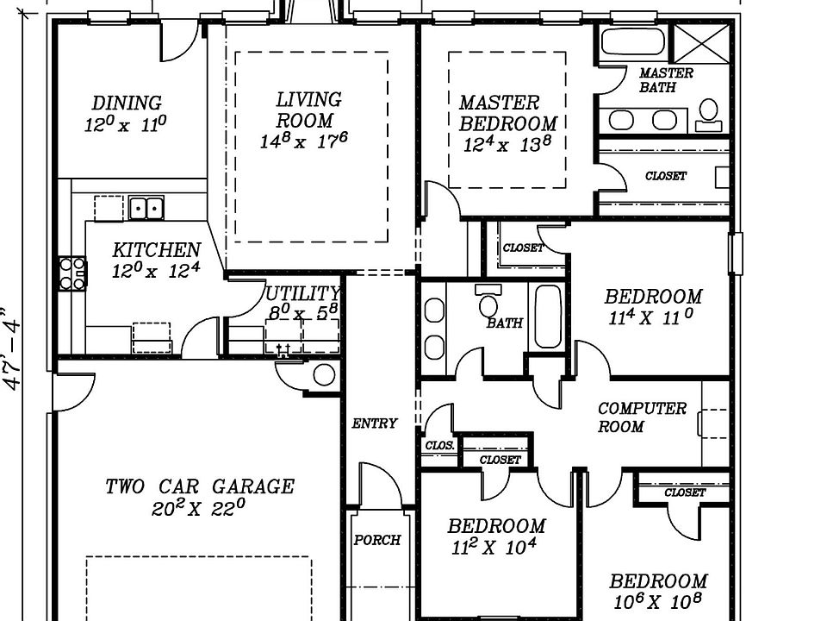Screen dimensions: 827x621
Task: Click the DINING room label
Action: [127, 103]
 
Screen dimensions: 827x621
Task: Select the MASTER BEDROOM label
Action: [507, 113]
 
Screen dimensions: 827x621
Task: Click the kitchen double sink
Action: [146, 208]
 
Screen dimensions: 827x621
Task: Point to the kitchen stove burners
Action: [72, 273]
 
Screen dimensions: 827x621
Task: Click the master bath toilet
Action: [708, 115]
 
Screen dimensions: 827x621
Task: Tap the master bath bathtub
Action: [633, 41]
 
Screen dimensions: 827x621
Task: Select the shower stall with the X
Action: [701, 43]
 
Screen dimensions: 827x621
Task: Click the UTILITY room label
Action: [302, 293]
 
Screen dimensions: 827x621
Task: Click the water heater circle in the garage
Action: [324, 375]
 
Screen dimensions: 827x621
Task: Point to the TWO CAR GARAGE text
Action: [200, 486]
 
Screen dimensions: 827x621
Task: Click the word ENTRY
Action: [375, 423]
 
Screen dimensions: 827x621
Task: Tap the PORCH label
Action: [377, 540]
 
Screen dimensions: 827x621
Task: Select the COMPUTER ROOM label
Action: [642, 417]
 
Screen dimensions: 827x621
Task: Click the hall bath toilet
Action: [488, 302]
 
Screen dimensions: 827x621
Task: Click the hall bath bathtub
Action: [548, 317]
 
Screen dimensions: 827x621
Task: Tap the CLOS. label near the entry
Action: [439, 445]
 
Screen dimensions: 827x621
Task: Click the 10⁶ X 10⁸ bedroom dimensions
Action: [657, 601]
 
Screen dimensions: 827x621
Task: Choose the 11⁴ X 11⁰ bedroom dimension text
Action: [651, 317]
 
